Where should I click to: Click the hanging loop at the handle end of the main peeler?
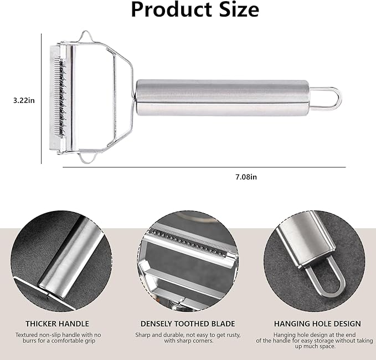click(332, 98)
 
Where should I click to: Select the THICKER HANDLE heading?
click(57, 323)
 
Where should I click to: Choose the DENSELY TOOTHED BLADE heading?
click(188, 323)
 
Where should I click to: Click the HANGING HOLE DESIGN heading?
click(317, 323)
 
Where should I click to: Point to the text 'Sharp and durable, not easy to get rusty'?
click(188, 335)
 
